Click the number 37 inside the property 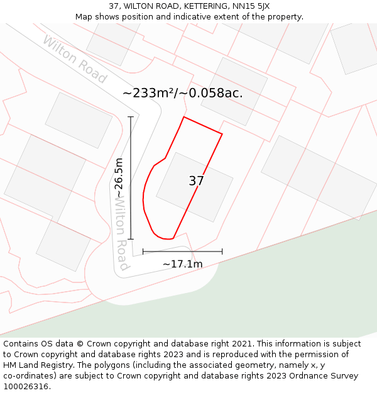point(196,181)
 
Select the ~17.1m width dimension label point(183,264)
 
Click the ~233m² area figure point(148,93)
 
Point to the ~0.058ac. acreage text point(212,93)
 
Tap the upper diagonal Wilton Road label point(75,60)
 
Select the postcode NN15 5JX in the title point(251,6)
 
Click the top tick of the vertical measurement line point(131,117)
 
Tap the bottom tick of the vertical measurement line point(131,239)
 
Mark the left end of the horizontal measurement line point(143,252)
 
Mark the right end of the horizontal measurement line point(222,252)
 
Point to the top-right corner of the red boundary point(222,133)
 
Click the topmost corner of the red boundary point(183,117)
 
